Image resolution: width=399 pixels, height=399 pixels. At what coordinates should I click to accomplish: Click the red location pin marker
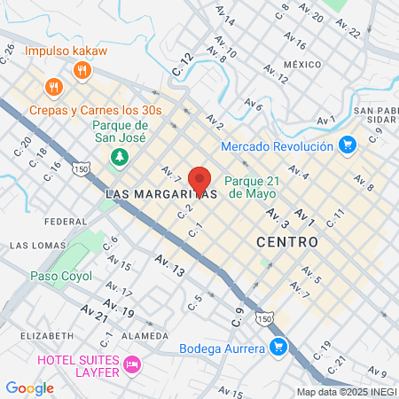(199, 179)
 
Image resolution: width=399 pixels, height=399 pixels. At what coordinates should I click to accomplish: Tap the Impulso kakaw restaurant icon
(82, 69)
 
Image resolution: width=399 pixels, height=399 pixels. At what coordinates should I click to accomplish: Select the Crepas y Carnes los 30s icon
(53, 87)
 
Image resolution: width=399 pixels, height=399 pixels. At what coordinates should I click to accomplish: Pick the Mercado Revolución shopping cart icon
(348, 144)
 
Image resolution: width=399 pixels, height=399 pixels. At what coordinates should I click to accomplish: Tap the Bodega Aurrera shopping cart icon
(278, 347)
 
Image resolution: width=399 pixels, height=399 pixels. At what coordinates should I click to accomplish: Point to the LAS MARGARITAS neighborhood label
(161, 193)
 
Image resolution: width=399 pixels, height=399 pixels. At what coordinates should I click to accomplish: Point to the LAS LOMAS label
(37, 244)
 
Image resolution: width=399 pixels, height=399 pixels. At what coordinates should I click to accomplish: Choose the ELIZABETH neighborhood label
(46, 336)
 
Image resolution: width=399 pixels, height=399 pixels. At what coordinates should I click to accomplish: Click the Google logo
(29, 387)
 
